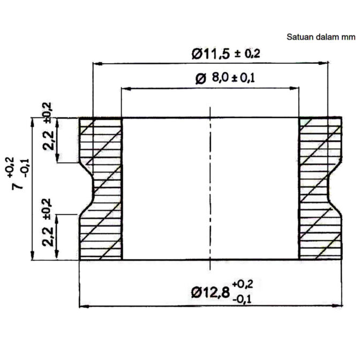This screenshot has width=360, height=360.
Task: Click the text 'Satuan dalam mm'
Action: (x=320, y=37)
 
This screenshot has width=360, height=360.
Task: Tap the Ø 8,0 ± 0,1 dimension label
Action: (x=225, y=78)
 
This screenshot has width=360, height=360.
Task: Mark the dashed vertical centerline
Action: (x=211, y=187)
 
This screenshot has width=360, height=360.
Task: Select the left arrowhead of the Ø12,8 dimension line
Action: (x=83, y=306)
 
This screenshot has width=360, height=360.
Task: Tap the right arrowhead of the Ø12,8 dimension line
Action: (x=339, y=306)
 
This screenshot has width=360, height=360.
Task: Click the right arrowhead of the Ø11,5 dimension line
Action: (x=323, y=63)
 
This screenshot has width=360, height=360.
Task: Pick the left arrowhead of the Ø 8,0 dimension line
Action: (x=126, y=87)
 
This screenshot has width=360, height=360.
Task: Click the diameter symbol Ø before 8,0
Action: (x=201, y=79)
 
